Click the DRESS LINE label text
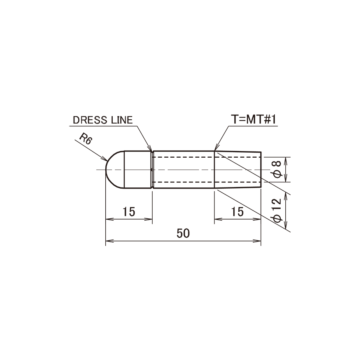tap(103, 120)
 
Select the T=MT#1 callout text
tap(253, 120)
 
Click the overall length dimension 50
tap(183, 233)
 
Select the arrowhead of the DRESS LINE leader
tap(150, 148)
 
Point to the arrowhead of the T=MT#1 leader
tap(216, 148)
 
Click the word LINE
tap(122, 120)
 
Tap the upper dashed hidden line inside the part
tap(207, 157)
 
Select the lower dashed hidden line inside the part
tap(207, 182)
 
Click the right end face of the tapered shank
tap(261, 170)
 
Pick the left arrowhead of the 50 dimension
tap(109, 241)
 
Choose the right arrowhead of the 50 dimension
tap(257, 241)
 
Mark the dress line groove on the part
tap(152, 170)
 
